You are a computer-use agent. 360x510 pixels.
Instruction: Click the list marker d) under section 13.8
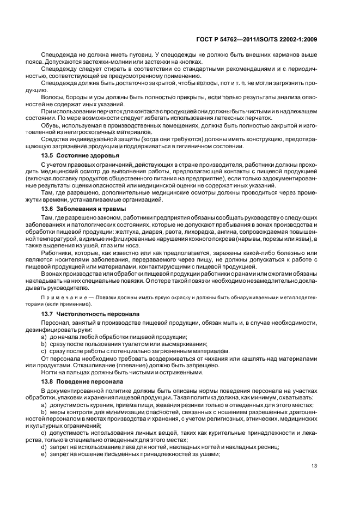point(44,446)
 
